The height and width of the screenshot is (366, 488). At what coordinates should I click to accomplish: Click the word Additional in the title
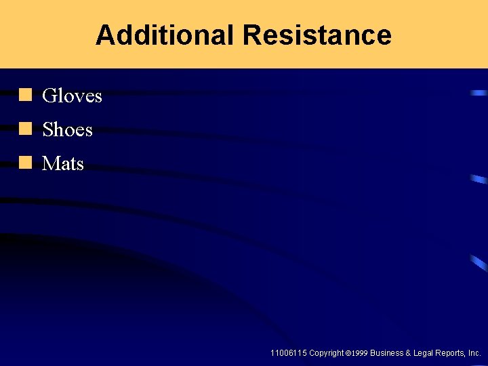tap(165, 35)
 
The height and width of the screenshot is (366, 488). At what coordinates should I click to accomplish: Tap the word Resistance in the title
tap(317, 35)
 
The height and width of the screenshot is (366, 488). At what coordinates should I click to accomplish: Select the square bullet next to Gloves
tap(26, 94)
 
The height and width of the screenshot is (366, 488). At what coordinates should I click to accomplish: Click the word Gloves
tap(72, 96)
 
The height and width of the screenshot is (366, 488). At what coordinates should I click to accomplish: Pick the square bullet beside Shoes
tap(26, 128)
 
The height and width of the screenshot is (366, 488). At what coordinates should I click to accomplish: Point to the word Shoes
tap(67, 129)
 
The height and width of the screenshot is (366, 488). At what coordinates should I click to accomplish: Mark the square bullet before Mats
tap(26, 162)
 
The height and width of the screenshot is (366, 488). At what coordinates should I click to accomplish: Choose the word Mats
tap(63, 163)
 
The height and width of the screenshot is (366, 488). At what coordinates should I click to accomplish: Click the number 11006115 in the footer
tap(288, 353)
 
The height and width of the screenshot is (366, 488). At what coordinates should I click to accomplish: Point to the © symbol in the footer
tap(348, 353)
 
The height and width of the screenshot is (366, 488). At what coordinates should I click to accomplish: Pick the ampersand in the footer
tap(409, 353)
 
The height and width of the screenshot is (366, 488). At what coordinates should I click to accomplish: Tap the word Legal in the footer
tap(424, 353)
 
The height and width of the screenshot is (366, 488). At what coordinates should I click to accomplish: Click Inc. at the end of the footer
tap(475, 353)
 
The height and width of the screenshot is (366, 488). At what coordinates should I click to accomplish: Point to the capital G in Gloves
tap(49, 96)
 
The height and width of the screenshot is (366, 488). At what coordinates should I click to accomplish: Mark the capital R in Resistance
tap(250, 35)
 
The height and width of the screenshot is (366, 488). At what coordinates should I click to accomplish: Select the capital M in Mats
tap(50, 163)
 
